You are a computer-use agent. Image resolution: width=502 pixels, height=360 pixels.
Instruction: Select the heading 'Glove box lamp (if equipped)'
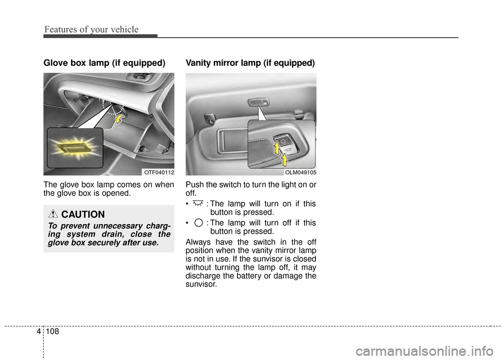coord(104,63)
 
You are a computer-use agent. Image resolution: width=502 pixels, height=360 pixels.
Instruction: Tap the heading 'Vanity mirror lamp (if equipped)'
coord(250,63)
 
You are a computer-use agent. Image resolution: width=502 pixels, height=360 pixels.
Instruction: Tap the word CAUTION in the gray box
coord(83,215)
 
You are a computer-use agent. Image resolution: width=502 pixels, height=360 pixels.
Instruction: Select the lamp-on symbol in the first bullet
coord(197,203)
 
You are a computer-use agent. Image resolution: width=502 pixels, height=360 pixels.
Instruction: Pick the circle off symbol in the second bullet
coord(198,223)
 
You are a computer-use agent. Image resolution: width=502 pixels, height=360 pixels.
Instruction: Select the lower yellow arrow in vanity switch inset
coord(285,159)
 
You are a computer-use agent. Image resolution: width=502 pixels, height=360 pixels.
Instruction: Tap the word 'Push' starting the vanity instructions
coord(195,185)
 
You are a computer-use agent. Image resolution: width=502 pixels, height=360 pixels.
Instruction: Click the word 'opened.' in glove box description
coord(118,193)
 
